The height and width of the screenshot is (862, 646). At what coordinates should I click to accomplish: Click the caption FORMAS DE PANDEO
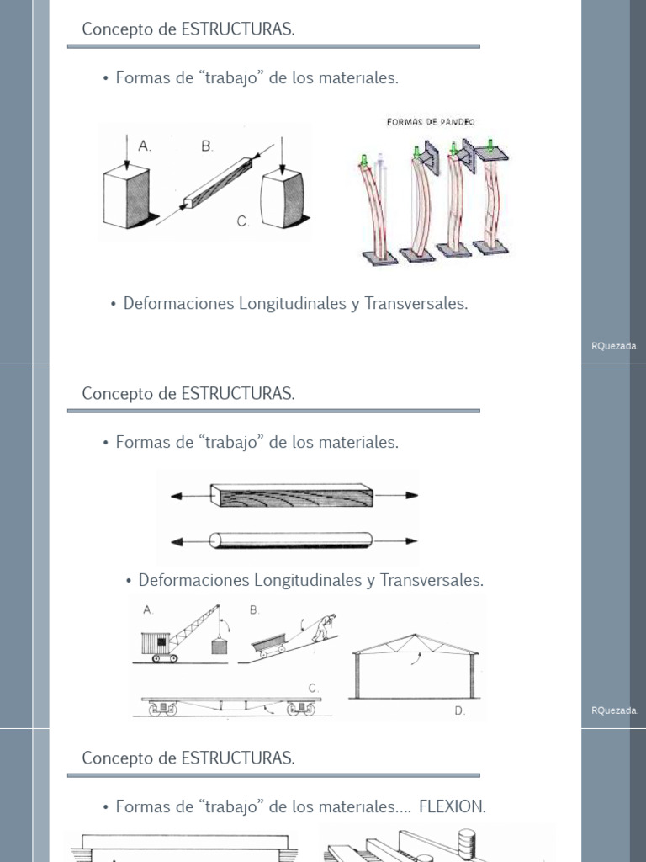431,122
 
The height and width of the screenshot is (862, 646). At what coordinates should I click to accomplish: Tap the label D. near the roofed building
459,710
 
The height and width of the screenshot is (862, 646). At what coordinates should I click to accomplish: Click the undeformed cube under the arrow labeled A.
126,197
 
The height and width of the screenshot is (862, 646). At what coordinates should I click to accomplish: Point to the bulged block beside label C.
282,200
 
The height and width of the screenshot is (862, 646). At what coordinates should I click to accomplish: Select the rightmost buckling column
487,202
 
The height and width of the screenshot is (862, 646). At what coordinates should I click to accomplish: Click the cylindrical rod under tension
291,540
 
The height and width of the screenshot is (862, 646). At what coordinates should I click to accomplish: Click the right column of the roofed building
472,675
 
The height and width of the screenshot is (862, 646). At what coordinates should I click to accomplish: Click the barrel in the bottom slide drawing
466,845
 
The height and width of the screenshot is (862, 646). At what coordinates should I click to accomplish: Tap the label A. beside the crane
149,609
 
